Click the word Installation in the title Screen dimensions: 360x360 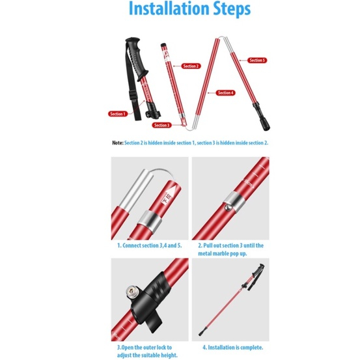point(169,8)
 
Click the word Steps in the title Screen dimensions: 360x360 point(232,9)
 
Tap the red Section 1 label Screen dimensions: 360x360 point(118,114)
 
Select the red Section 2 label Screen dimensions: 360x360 point(191,66)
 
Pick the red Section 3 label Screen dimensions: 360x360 point(161,125)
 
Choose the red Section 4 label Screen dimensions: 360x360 point(225,92)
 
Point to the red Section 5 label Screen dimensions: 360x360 point(257,61)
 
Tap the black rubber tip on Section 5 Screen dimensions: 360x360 point(262,117)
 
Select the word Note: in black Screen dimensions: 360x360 point(118,143)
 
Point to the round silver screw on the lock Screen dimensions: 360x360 point(132,292)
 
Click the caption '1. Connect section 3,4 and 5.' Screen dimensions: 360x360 point(150,245)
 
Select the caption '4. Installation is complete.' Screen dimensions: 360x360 point(232,348)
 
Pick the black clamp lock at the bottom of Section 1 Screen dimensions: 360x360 point(153,110)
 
